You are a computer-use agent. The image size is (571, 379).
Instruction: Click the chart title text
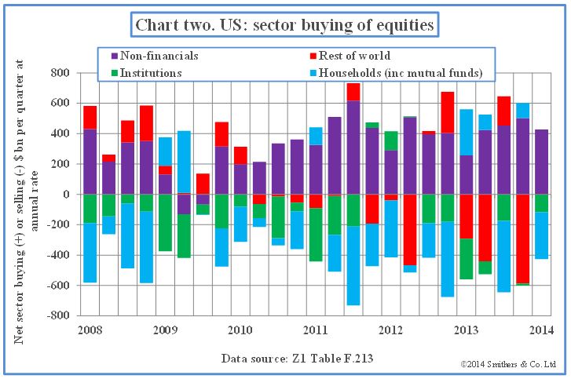tap(284, 24)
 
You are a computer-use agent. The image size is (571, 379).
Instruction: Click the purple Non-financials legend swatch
tap(115, 56)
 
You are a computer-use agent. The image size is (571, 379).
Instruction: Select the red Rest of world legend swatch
tap(313, 56)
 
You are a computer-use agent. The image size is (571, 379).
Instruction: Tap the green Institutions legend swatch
tap(115, 73)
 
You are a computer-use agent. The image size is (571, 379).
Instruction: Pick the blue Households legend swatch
tap(313, 73)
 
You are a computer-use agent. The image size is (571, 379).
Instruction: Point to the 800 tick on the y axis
tap(59, 73)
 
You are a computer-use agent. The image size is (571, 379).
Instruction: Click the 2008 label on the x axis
tap(89, 329)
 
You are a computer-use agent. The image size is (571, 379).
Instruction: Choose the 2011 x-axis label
tap(315, 329)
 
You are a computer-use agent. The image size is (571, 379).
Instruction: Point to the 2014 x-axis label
tap(541, 329)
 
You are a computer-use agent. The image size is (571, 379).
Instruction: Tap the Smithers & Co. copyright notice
tap(509, 365)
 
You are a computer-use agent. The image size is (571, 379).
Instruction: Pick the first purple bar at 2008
tap(90, 161)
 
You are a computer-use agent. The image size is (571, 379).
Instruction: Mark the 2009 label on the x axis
tap(164, 329)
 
